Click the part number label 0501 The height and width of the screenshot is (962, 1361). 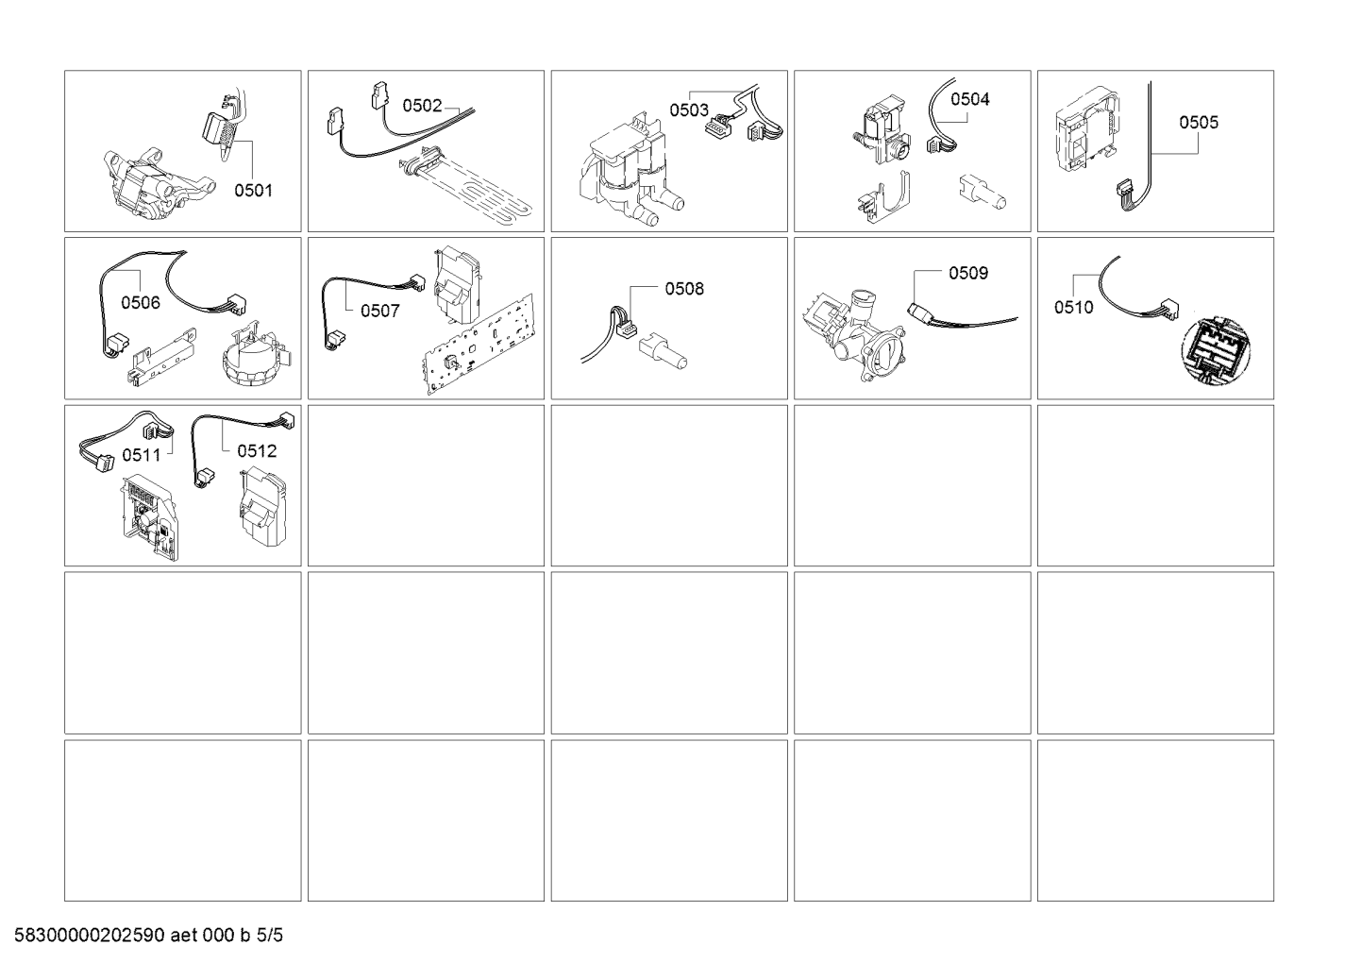coord(253,191)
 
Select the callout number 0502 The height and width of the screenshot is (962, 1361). coord(422,106)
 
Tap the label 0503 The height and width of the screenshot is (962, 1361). coord(689,110)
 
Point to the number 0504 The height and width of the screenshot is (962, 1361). coord(969,99)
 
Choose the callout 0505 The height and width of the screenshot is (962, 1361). coord(1199,122)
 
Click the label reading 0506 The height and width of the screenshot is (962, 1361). coord(141,303)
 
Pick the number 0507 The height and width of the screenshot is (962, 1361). coord(379,312)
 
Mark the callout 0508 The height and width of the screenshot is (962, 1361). coord(684,289)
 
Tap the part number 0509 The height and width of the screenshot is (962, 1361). coord(968,274)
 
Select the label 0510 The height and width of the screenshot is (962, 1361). coord(1074,308)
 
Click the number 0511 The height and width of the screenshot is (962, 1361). coord(142,455)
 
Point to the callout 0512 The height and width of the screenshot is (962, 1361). coord(257,451)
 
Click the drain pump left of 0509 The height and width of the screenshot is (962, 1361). coord(855,334)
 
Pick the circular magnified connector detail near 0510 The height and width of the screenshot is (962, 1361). coord(1216,351)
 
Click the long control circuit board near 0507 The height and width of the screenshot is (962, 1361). coord(477,346)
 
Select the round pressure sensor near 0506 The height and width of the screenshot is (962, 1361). coord(258,359)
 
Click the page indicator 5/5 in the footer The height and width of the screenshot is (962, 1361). coord(269,936)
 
